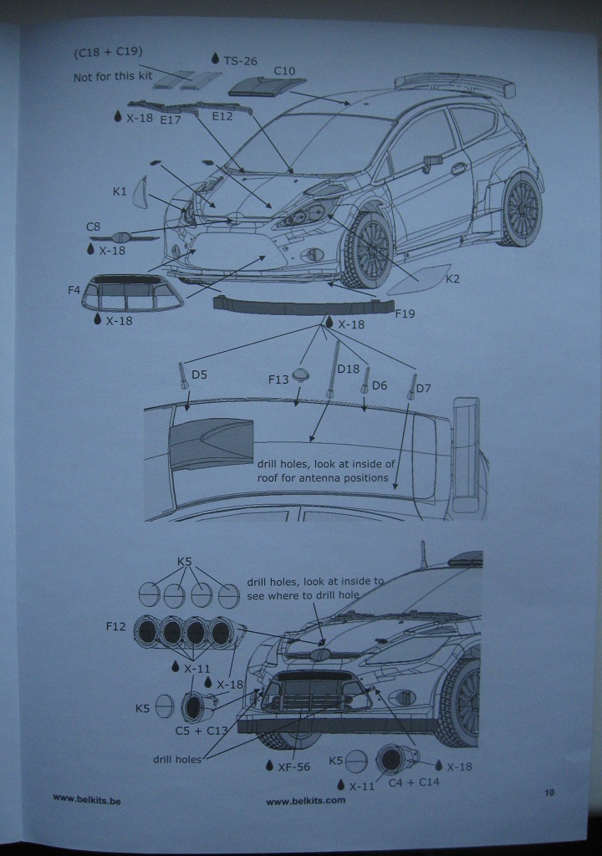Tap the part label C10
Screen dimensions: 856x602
coord(284,71)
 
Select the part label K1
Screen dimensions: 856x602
coord(120,192)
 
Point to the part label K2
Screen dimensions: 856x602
coord(452,279)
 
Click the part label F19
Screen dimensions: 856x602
coord(403,314)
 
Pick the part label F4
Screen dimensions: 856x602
coord(74,290)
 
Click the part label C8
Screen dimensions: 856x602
coord(94,227)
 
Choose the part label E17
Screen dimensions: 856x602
coord(171,119)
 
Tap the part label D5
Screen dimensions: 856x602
coord(199,374)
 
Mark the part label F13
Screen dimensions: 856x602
coord(278,380)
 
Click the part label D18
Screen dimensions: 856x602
coord(348,369)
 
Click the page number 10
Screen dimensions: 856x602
coord(549,792)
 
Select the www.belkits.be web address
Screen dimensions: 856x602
coord(87,800)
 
